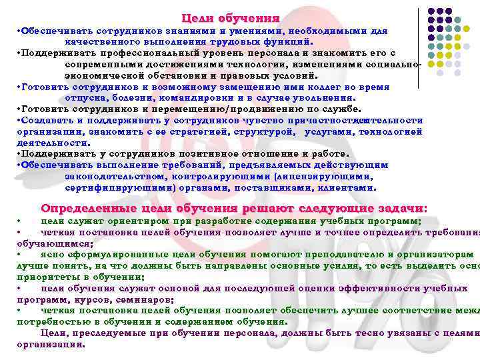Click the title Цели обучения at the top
(x=230, y=18)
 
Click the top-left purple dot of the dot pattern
(x=430, y=11)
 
